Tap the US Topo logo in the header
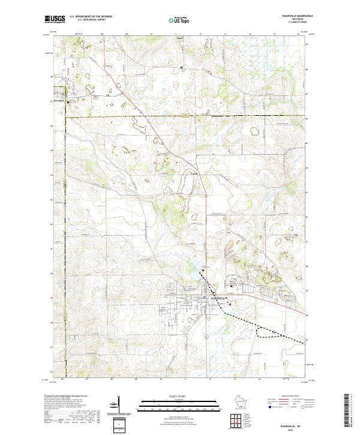click(179, 20)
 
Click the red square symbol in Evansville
click(229, 303)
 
